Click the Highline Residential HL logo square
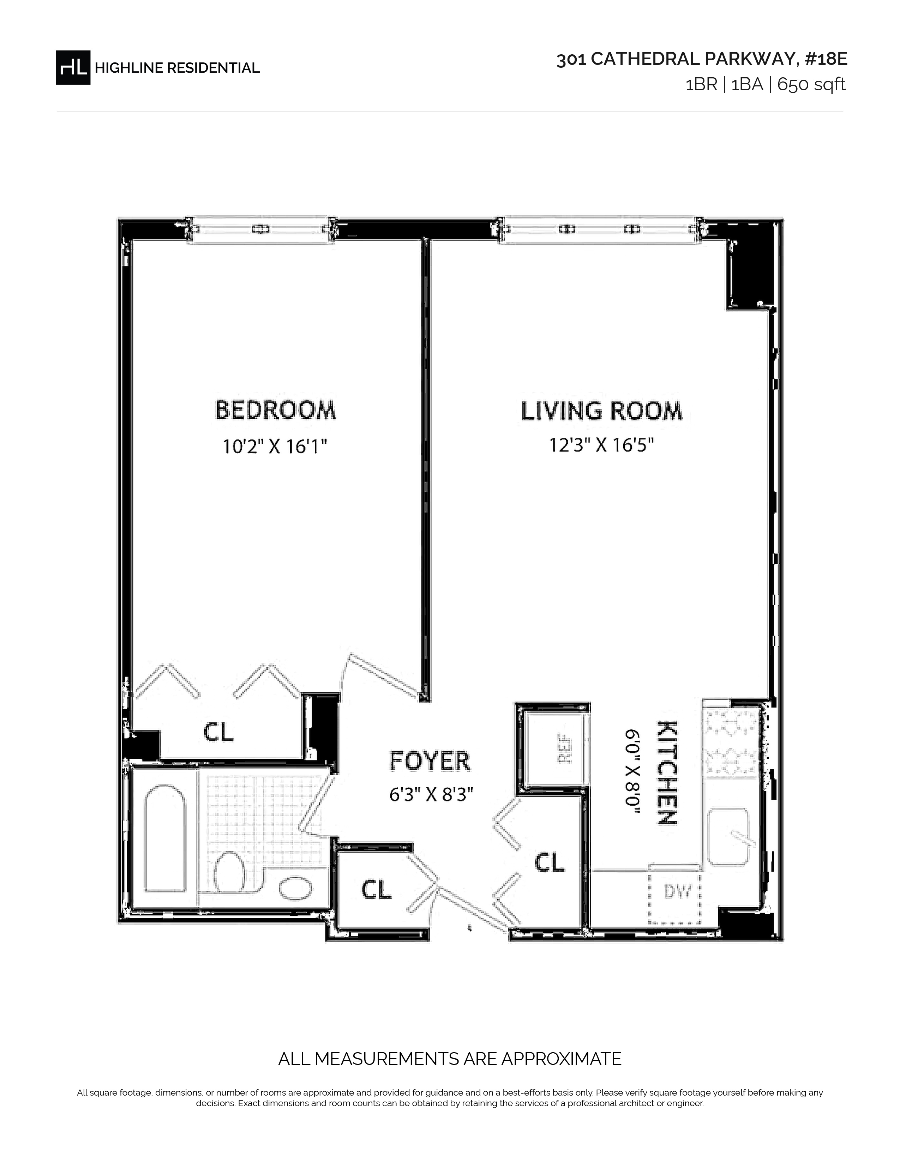click(73, 67)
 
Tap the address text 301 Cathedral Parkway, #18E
click(702, 60)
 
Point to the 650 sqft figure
click(811, 85)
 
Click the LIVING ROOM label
click(601, 411)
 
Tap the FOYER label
click(430, 760)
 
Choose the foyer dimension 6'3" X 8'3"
click(431, 795)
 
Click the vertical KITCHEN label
click(666, 773)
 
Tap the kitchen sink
click(729, 836)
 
